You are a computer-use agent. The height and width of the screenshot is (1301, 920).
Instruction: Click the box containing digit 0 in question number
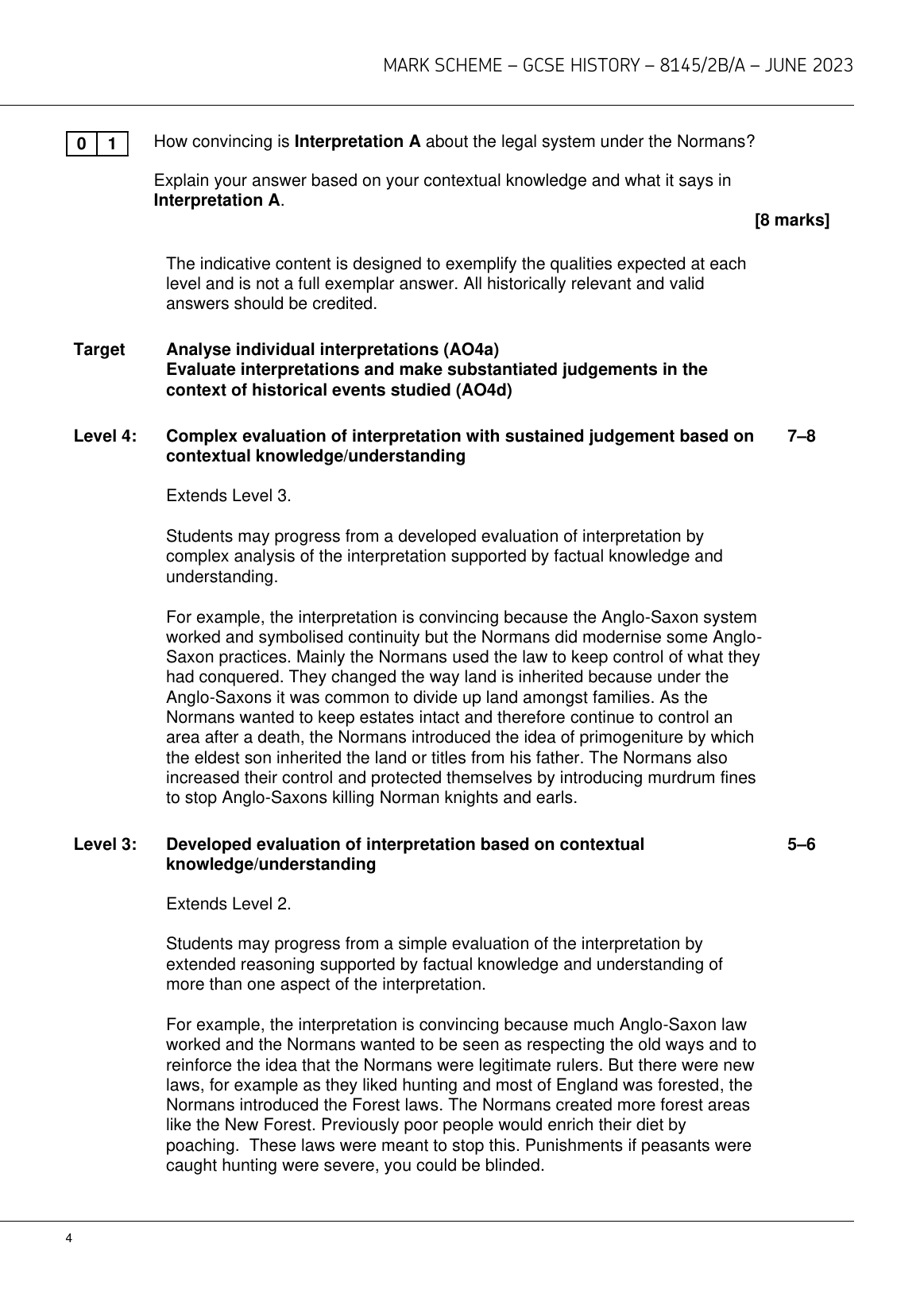tap(82, 145)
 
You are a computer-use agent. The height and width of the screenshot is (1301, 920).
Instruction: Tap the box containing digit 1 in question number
tap(113, 145)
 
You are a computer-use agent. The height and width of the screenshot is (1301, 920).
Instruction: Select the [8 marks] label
tap(791, 221)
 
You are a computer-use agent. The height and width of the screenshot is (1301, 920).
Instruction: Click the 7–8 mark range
tap(801, 436)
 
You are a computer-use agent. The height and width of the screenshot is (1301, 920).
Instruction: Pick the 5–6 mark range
tap(801, 844)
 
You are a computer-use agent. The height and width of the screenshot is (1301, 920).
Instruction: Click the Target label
tap(99, 349)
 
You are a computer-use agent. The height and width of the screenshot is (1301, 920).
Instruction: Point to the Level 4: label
tap(105, 436)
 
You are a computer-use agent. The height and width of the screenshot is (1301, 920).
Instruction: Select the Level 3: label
tap(105, 844)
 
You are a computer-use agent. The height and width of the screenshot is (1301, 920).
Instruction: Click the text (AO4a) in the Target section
tap(472, 349)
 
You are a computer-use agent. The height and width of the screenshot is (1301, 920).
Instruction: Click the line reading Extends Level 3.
tap(229, 496)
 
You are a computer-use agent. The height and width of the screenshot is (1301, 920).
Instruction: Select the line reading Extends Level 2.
tap(229, 904)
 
